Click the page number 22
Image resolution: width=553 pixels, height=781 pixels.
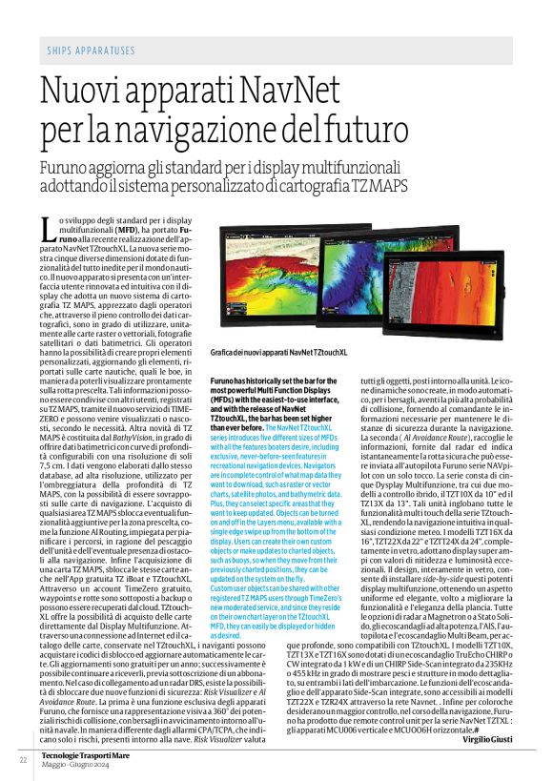(21, 759)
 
